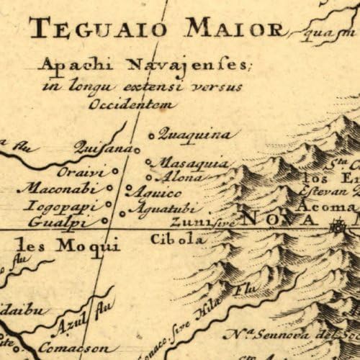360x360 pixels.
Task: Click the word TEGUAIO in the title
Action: (87, 30)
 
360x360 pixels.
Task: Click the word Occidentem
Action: (131, 104)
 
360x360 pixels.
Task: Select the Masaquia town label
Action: (186, 163)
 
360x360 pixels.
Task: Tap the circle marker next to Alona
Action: (148, 177)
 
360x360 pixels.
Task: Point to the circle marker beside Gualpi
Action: (105, 221)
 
